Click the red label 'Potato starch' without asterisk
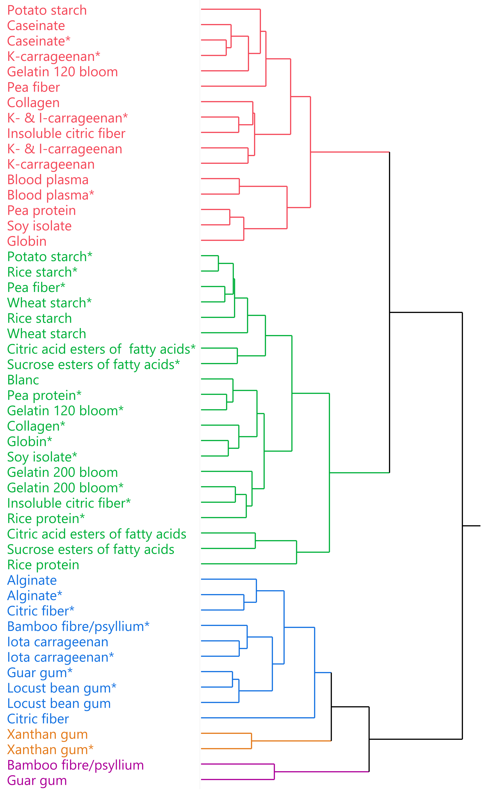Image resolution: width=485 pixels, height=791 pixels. tap(47, 10)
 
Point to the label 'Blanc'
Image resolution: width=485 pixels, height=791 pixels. tap(23, 380)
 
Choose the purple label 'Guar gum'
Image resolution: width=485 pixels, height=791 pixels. tap(37, 780)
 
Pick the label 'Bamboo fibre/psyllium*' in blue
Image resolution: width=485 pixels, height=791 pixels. tap(78, 626)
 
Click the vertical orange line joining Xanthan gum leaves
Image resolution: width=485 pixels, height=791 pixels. tap(251, 741)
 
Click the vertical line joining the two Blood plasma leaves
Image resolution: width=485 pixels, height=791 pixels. tap(239, 186)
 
